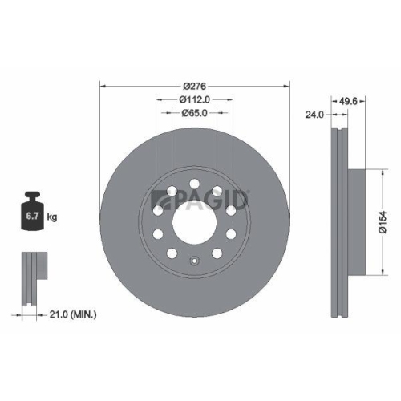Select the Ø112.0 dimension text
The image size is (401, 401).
click(x=195, y=99)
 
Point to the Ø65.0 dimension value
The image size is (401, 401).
click(x=195, y=113)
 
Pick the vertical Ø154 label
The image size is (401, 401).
click(x=385, y=217)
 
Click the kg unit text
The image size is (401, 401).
click(x=53, y=217)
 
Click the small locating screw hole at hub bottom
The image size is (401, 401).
click(x=194, y=260)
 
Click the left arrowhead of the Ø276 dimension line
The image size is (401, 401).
click(x=103, y=86)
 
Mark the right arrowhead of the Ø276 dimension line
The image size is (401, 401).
click(x=286, y=86)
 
